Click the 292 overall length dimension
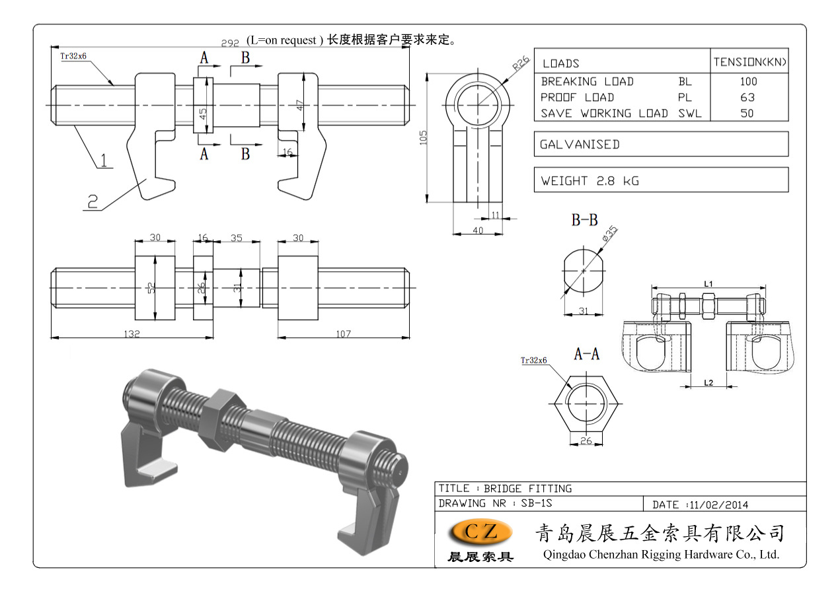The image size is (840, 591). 229,43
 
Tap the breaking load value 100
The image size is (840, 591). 749,82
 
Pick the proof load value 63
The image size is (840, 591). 749,97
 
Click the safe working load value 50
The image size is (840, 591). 749,113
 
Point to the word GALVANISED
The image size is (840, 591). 580,144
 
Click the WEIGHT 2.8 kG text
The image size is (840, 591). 590,180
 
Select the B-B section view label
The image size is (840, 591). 584,221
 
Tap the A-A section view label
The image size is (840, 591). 586,355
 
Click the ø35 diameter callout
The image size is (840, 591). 610,233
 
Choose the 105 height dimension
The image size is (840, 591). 424,137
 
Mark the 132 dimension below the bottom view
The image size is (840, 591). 132,334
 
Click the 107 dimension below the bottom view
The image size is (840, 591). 343,334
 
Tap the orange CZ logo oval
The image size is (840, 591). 480,532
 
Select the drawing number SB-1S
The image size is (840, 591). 537,504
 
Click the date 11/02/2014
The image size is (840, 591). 718,504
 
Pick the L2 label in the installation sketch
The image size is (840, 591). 708,382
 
